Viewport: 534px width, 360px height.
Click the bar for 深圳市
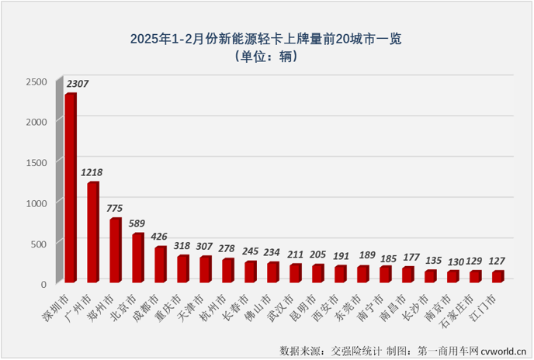click(x=70, y=188)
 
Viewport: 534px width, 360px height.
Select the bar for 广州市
click(x=92, y=232)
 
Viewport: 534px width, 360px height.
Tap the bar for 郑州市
click(x=115, y=250)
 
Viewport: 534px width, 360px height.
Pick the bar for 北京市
click(x=137, y=258)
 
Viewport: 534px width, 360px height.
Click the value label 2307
click(x=78, y=83)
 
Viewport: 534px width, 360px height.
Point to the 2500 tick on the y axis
click(x=36, y=81)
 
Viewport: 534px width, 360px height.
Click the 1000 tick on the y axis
click(x=36, y=202)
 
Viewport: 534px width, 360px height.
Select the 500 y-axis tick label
click(x=38, y=243)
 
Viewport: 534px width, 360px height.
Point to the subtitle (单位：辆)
click(x=266, y=56)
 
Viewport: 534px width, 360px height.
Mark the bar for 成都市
click(x=160, y=264)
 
